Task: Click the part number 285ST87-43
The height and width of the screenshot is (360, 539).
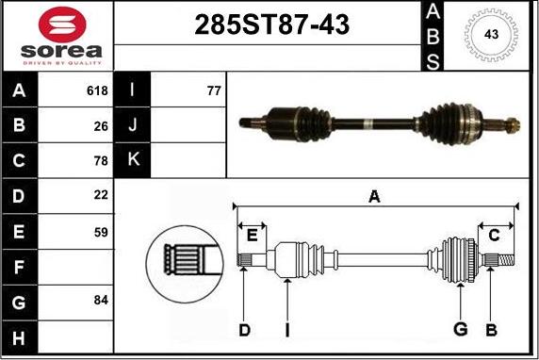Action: click(272, 25)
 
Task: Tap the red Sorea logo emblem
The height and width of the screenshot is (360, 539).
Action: click(62, 25)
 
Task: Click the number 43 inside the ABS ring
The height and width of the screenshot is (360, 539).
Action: click(491, 34)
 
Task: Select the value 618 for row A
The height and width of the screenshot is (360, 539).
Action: click(97, 90)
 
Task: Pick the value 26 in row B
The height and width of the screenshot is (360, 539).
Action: click(101, 126)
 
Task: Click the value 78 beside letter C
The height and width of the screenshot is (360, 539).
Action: click(101, 161)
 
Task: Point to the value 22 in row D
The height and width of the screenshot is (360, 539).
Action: click(101, 195)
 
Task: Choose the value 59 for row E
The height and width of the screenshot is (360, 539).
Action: click(101, 233)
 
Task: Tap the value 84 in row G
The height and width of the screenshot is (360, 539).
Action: click(101, 301)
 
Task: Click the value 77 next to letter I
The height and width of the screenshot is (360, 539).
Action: click(214, 90)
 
